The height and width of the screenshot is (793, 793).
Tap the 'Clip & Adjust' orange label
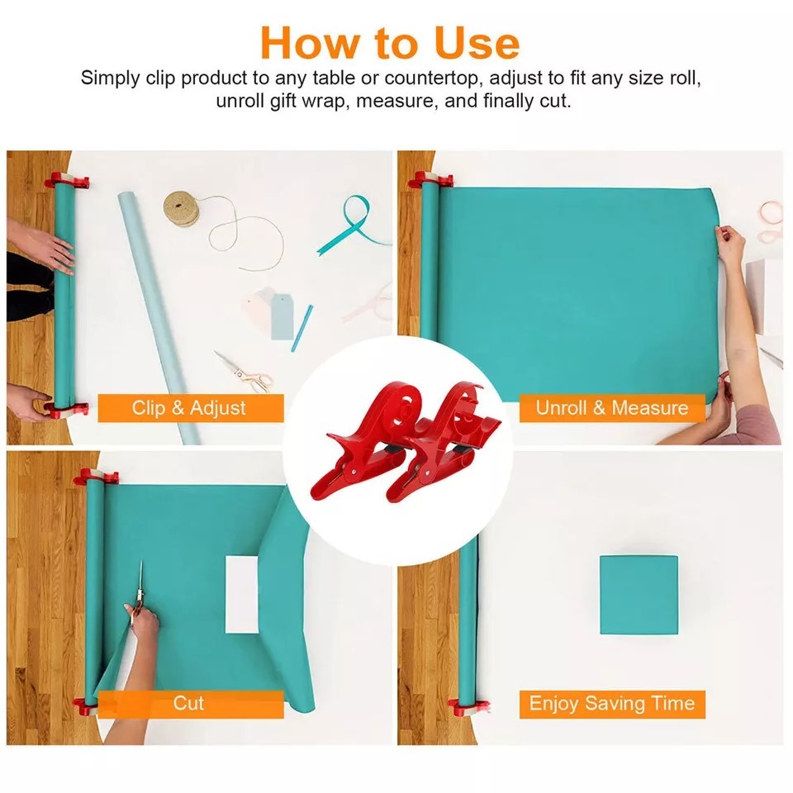point(189,408)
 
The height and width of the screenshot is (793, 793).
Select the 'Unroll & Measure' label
point(611,408)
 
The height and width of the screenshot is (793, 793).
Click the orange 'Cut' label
point(188,704)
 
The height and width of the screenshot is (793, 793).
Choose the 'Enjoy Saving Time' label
point(611,704)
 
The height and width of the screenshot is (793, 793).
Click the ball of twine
point(181,208)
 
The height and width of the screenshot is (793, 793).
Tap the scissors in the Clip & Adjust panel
point(245,373)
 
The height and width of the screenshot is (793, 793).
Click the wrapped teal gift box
point(639,595)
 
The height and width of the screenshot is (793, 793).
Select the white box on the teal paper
point(243,595)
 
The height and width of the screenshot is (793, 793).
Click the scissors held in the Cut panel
point(140,591)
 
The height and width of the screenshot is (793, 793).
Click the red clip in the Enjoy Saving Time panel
point(463,708)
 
